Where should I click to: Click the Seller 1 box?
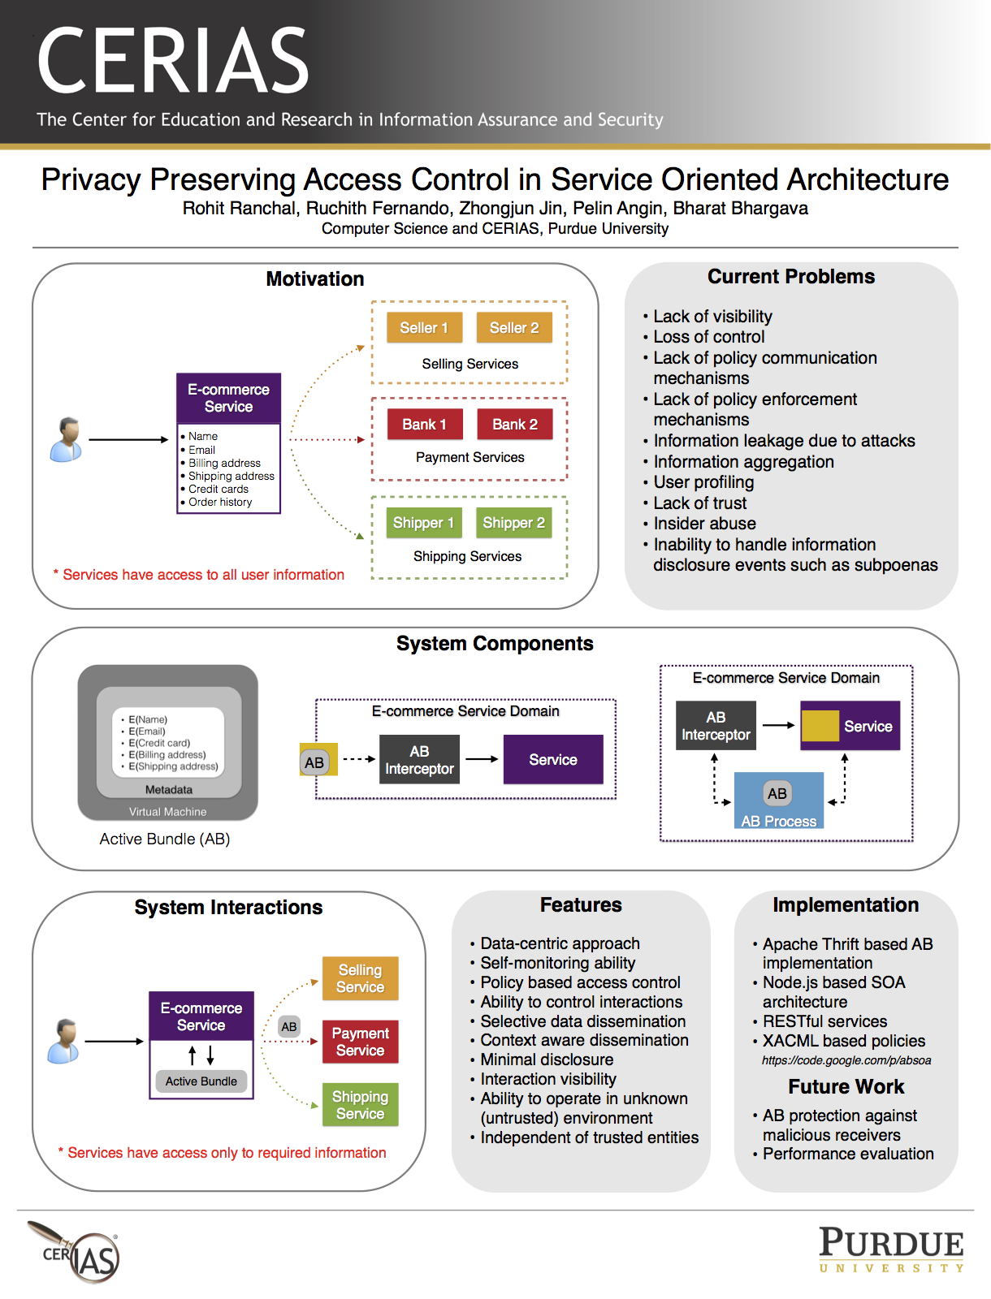click(x=424, y=327)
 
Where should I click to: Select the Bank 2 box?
click(x=514, y=424)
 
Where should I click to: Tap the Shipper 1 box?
click(x=423, y=522)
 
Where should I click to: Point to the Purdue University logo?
click(x=891, y=1250)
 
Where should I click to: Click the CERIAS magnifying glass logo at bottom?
click(x=74, y=1252)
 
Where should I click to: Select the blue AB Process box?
click(x=778, y=800)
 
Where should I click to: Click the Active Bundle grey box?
click(x=201, y=1081)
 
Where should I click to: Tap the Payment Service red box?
click(x=360, y=1041)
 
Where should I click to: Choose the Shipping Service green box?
click(x=360, y=1104)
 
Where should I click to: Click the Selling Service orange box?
click(x=360, y=977)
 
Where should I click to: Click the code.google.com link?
click(x=846, y=1060)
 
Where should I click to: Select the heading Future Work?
click(x=846, y=1086)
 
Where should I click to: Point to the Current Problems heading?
click(x=791, y=276)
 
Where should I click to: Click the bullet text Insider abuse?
click(x=704, y=523)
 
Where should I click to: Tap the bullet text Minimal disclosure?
click(x=547, y=1059)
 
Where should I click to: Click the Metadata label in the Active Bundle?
click(x=169, y=789)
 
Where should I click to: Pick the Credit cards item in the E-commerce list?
click(x=219, y=489)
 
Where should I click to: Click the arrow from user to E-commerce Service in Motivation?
click(x=128, y=439)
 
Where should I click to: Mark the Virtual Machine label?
click(x=167, y=811)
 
